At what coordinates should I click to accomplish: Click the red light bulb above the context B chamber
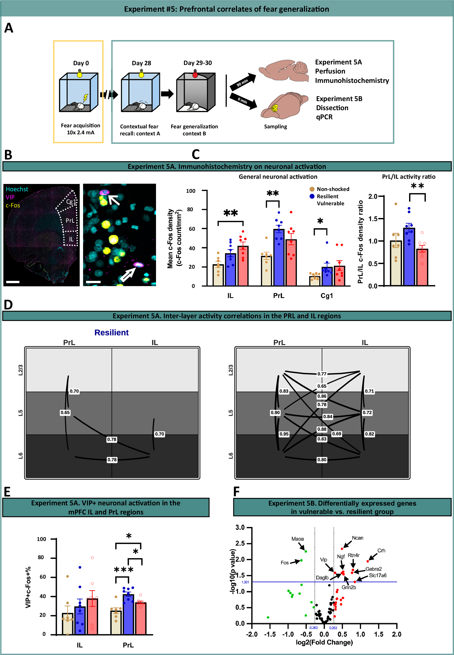(x=195, y=74)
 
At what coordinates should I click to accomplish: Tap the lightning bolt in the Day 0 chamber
(x=85, y=98)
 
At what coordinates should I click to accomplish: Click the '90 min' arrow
(x=243, y=82)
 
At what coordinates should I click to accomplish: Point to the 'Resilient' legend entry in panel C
(x=327, y=196)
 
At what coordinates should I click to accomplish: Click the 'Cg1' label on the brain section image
(x=71, y=202)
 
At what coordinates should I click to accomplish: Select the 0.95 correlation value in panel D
(x=284, y=434)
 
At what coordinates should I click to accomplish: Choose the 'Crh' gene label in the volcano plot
(x=381, y=551)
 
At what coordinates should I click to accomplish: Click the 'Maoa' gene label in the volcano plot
(x=297, y=539)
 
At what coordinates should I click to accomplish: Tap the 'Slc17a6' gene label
(x=377, y=575)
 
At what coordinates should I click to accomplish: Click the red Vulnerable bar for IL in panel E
(x=92, y=616)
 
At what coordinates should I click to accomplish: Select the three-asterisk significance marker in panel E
(x=124, y=570)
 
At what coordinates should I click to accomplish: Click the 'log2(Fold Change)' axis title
(x=324, y=643)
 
